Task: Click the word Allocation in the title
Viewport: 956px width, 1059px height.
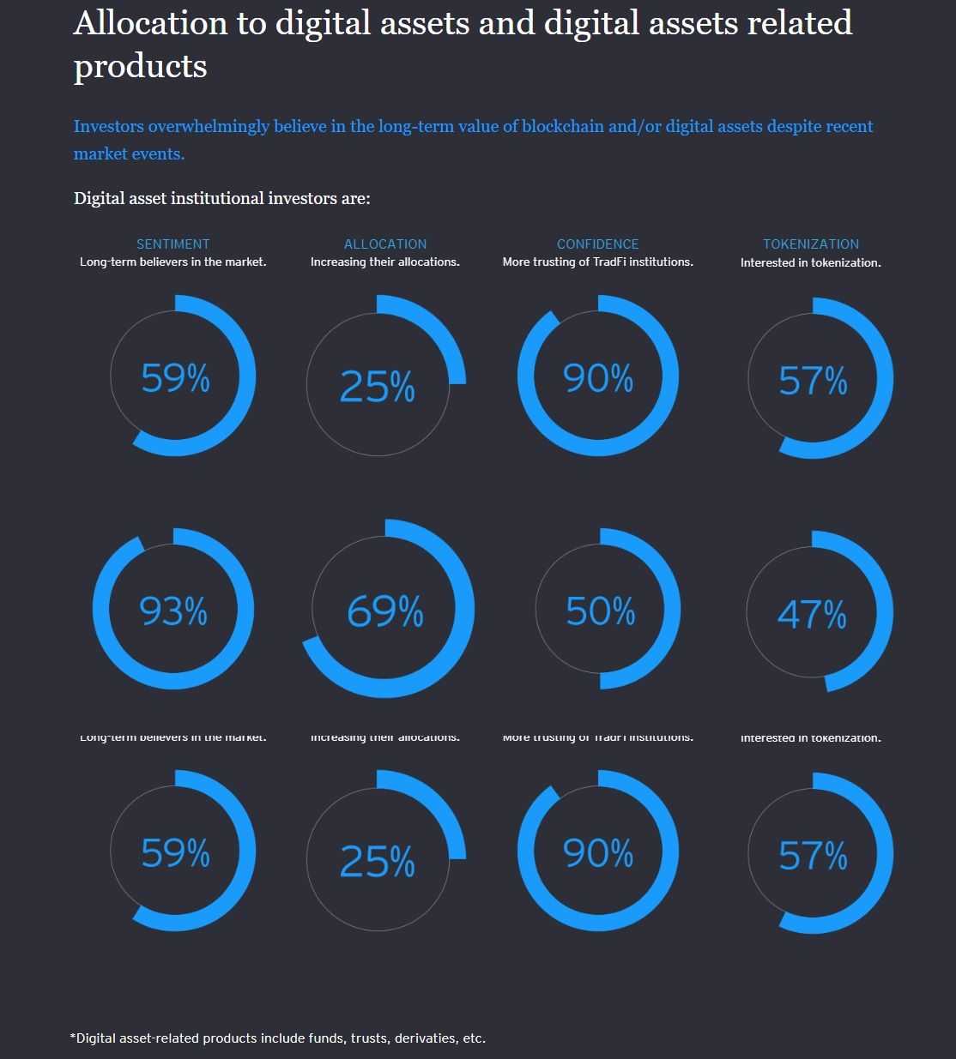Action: click(x=151, y=23)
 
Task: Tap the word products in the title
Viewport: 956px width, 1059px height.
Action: click(x=140, y=67)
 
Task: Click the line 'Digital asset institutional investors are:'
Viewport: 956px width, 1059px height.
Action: click(x=221, y=198)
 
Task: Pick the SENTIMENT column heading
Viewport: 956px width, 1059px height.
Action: click(x=172, y=244)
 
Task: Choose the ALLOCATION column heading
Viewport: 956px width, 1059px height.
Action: click(x=385, y=244)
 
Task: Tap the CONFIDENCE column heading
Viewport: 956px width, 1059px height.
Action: click(x=597, y=244)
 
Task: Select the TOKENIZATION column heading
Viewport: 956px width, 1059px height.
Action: click(x=811, y=244)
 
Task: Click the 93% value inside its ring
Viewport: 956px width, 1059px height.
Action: click(x=173, y=611)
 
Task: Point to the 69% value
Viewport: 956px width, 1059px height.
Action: click(x=385, y=611)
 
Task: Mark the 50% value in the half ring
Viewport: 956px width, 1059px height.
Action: click(x=601, y=611)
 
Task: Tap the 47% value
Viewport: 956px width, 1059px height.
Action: click(x=812, y=614)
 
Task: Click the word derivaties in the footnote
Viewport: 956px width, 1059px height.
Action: click(x=427, y=1038)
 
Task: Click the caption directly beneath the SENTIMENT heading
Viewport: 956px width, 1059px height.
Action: click(x=172, y=262)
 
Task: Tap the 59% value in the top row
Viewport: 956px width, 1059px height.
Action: click(x=175, y=378)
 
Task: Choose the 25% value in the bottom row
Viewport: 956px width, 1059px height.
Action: click(x=378, y=861)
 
